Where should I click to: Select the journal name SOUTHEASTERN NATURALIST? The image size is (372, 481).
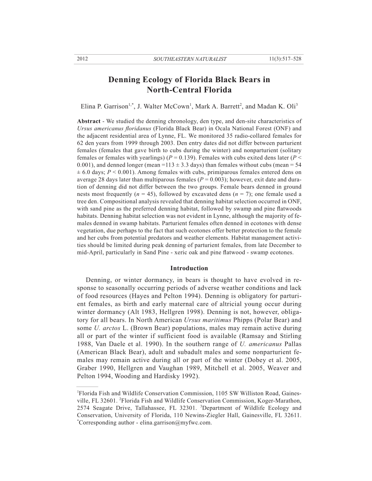click(x=190, y=59)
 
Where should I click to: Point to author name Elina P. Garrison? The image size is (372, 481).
click(x=104, y=106)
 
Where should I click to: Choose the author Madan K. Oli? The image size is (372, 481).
click(x=275, y=106)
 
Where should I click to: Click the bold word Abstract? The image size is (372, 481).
click(x=89, y=121)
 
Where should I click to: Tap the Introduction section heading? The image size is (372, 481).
click(x=189, y=268)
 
